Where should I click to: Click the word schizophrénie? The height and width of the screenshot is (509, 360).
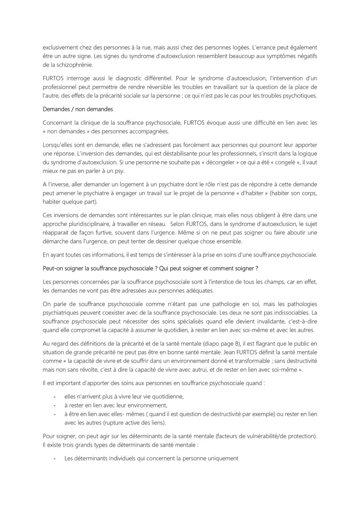tap(67, 65)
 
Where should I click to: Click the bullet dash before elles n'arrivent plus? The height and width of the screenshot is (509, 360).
tap(54, 396)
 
